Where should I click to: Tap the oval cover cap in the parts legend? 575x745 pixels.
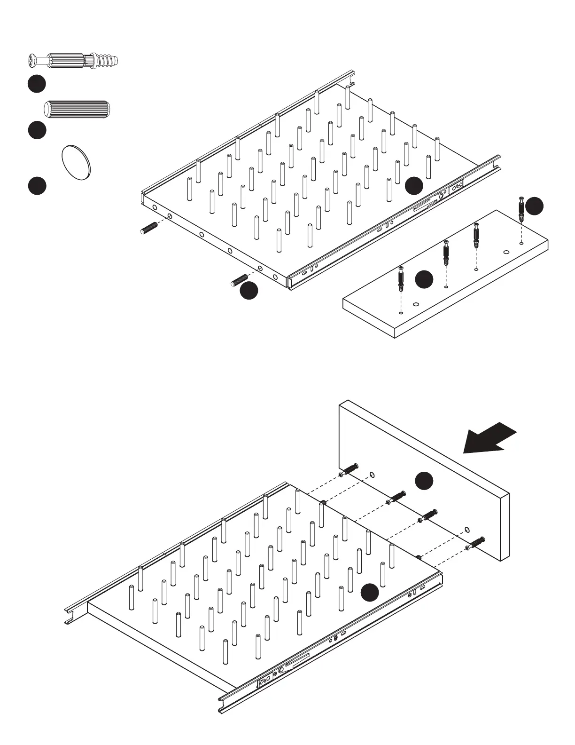tap(76, 162)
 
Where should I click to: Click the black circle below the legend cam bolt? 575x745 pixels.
tap(37, 84)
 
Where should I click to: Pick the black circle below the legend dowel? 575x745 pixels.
tap(37, 130)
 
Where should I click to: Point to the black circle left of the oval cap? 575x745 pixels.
tap(37, 185)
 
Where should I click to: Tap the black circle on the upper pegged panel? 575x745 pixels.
tap(414, 185)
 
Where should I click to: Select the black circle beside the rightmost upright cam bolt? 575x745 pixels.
tap(534, 206)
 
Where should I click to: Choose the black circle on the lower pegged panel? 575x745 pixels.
tap(370, 592)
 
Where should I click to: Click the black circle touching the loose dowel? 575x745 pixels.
tap(249, 290)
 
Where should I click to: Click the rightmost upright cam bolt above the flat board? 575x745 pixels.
tap(521, 209)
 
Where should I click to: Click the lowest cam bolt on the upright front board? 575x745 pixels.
tap(475, 543)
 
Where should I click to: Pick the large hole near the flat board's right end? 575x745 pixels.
tap(506, 252)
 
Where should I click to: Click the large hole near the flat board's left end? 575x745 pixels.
tap(415, 304)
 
